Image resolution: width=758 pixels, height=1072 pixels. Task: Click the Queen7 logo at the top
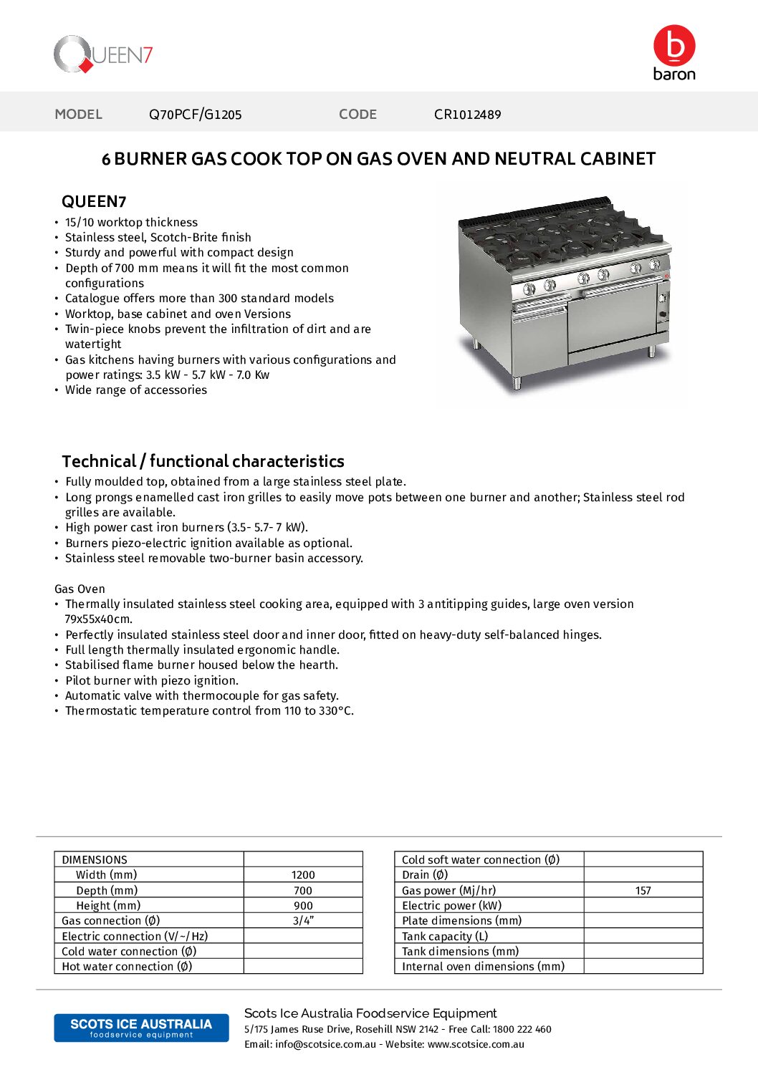click(103, 54)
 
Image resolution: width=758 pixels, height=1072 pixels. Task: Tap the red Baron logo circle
click(673, 46)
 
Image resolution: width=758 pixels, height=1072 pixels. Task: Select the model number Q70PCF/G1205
click(195, 115)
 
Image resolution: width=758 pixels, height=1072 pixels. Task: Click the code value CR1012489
click(467, 115)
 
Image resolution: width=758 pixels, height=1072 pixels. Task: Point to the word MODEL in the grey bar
click(79, 115)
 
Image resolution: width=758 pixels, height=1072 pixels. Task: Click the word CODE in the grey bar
click(358, 115)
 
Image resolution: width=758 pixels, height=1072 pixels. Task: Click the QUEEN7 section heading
click(94, 202)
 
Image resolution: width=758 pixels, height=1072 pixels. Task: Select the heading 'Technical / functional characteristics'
click(203, 461)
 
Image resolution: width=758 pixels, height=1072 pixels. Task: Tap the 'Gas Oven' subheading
click(80, 589)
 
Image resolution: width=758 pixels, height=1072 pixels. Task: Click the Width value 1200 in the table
click(303, 875)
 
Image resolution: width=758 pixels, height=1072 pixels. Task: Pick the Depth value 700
click(303, 891)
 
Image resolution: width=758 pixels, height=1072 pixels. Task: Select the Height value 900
click(303, 906)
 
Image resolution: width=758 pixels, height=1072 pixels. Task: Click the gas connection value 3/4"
click(303, 921)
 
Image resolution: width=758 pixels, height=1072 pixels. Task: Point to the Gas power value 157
click(643, 891)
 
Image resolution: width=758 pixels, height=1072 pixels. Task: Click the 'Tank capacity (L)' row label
click(445, 937)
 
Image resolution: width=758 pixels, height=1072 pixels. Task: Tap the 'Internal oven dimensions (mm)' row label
click(483, 967)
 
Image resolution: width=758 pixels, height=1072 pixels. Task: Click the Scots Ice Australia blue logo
click(141, 1028)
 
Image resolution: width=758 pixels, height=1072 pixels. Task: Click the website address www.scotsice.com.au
click(476, 1044)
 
